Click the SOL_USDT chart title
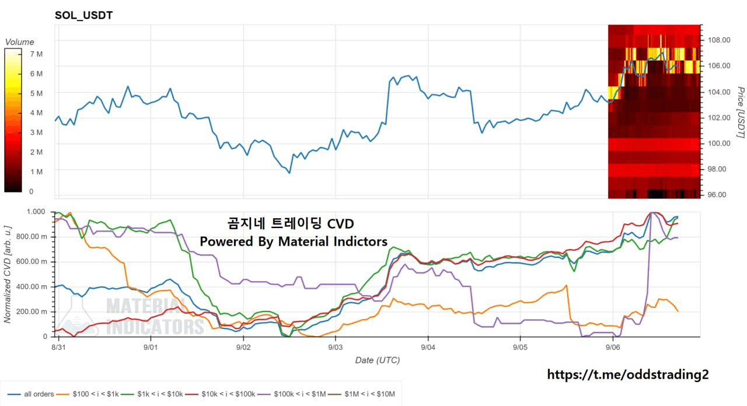(x=83, y=15)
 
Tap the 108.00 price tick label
(x=719, y=40)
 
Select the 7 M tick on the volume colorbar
(x=36, y=54)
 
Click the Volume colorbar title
(x=19, y=42)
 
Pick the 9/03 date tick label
(x=335, y=347)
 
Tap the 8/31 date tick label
(x=58, y=347)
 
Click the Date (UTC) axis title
(x=377, y=360)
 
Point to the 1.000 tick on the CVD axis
(x=36, y=212)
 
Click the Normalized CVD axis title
(x=8, y=274)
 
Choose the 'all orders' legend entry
(x=31, y=394)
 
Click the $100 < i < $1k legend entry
(x=88, y=394)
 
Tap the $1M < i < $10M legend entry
(x=361, y=394)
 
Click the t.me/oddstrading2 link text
(x=627, y=374)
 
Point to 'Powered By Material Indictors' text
(x=294, y=242)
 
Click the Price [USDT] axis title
(x=741, y=113)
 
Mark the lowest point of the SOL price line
(x=289, y=173)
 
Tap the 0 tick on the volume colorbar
(x=32, y=191)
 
